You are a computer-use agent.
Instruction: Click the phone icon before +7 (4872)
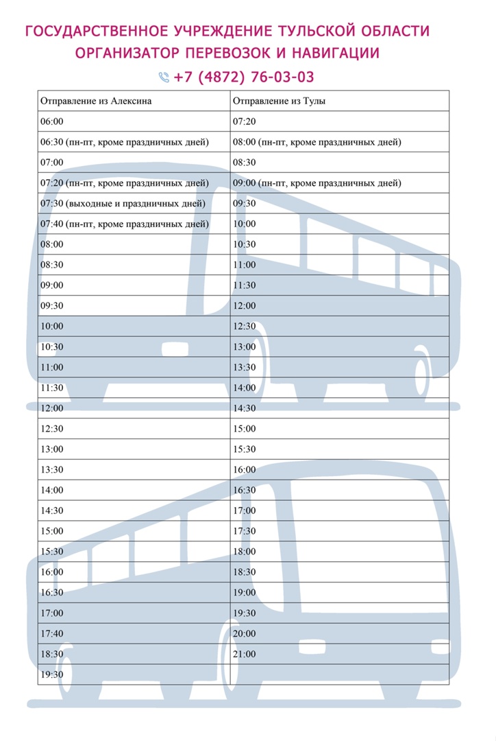164,77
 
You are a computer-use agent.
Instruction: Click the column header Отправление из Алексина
96,101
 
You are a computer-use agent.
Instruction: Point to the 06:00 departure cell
52,121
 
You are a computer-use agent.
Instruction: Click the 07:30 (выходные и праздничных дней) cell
123,204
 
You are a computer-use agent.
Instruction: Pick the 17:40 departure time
52,633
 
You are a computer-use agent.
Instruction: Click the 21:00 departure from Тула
245,654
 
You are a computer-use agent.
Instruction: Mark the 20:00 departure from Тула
245,633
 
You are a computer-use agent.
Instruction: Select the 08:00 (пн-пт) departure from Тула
317,142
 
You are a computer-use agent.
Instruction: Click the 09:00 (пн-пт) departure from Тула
317,183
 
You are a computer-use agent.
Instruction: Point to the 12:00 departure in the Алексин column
52,408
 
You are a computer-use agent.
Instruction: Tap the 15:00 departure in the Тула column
245,429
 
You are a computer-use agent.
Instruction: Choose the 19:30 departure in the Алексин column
52,674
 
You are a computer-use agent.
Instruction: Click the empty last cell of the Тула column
339,674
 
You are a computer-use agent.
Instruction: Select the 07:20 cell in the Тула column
245,121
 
